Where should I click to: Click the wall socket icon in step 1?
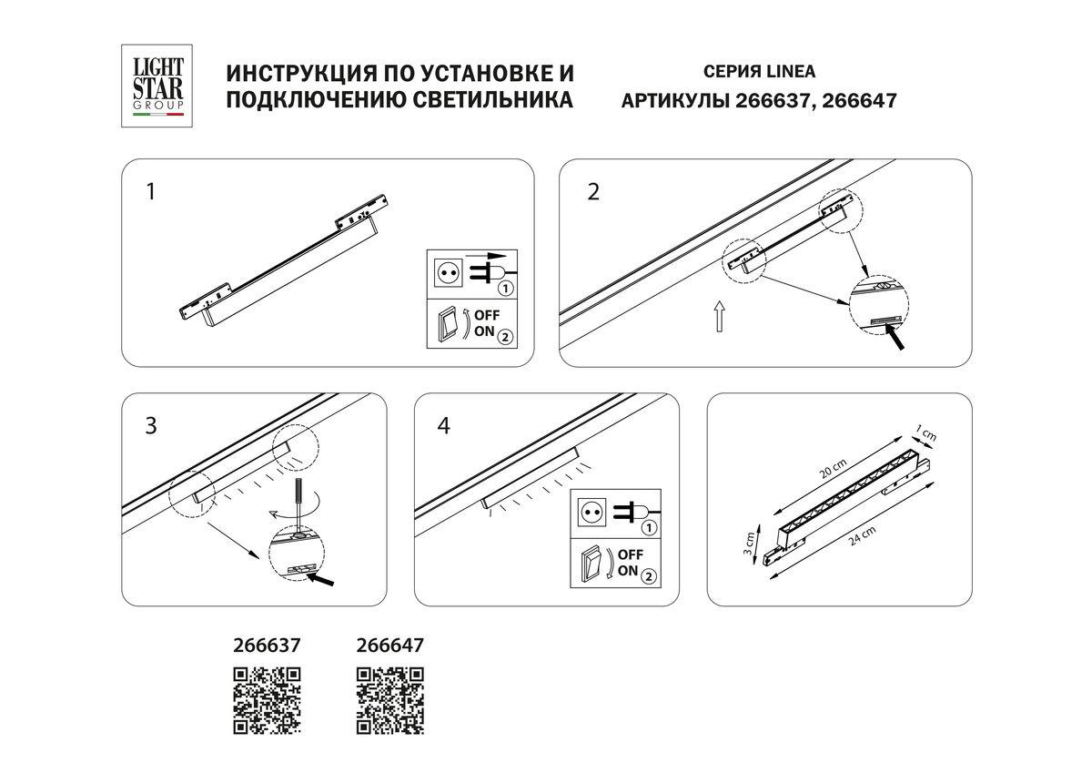pyautogui.click(x=446, y=272)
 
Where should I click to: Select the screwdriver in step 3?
pyautogui.click(x=297, y=496)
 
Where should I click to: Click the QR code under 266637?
pyautogui.click(x=268, y=700)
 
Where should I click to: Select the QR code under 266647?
pyautogui.click(x=389, y=700)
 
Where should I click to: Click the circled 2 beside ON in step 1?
pyautogui.click(x=506, y=334)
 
